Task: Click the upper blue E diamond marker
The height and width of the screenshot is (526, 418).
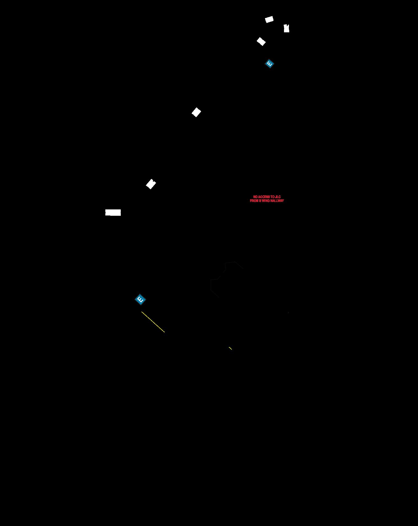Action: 269,64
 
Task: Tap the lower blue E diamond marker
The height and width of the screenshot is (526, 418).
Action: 140,299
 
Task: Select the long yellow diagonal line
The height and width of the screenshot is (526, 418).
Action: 153,322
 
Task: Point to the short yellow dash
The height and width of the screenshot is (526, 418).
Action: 230,348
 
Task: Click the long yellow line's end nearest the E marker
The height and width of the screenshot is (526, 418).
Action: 142,312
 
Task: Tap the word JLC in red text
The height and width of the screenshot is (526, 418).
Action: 278,197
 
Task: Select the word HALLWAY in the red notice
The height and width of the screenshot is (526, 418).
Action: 277,201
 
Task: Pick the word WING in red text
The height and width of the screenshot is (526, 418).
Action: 266,201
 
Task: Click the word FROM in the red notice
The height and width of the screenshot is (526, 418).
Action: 254,201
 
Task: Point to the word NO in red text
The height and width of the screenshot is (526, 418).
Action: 255,197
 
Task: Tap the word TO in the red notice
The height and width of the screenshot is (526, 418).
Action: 273,197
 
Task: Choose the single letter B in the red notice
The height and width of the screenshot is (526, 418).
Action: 260,201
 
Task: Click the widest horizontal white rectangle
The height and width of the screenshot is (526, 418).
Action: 113,212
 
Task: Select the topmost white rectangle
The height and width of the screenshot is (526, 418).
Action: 269,19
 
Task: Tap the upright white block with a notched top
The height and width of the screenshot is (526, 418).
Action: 286,28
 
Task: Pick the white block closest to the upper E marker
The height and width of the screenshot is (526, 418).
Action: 261,41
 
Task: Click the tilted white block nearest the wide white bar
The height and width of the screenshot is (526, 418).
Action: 151,184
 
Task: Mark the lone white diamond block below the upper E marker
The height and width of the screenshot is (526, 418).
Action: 196,112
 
